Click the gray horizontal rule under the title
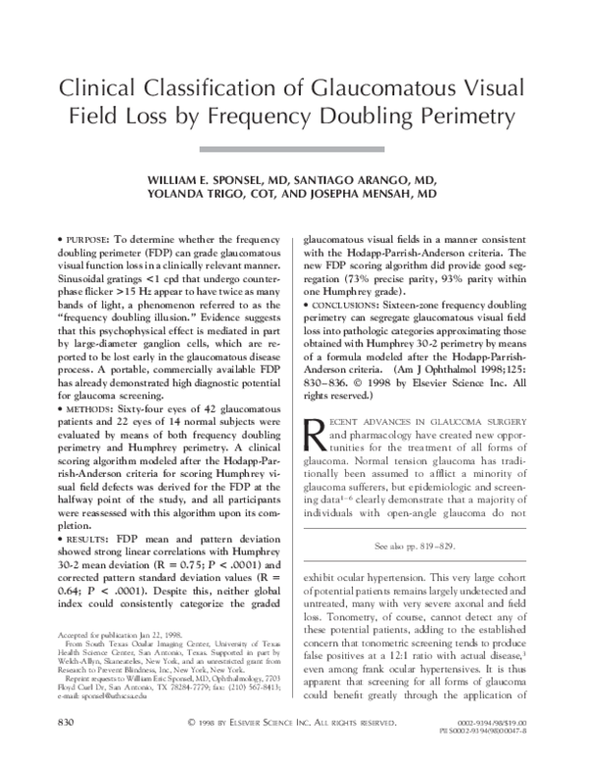point(295,148)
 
